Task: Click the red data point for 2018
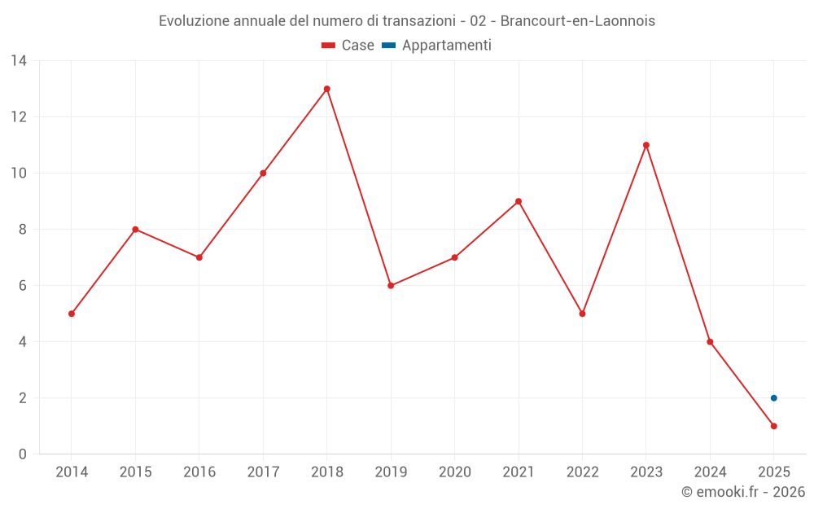point(327,89)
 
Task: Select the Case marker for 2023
point(646,145)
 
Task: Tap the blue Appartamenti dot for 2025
point(774,398)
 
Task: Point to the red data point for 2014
point(72,314)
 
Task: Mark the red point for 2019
point(391,286)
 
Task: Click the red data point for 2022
point(582,314)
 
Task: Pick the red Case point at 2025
point(774,426)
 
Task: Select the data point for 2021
point(519,201)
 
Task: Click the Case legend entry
point(348,46)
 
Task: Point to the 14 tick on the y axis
point(19,60)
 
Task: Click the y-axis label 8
point(23,230)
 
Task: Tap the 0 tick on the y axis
point(23,454)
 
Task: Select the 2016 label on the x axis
point(199,472)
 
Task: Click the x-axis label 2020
point(454,472)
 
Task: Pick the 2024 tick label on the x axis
point(710,472)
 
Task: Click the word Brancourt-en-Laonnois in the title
point(577,21)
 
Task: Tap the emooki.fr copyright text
point(743,492)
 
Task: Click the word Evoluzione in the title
point(194,21)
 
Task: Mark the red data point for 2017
point(263,173)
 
